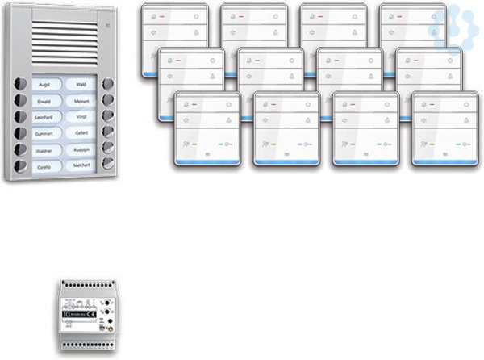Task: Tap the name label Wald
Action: point(81,83)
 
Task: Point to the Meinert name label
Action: point(81,100)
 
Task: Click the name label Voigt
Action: point(81,116)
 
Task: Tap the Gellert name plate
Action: point(81,133)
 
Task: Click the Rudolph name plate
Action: point(81,149)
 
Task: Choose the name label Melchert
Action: point(81,165)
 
